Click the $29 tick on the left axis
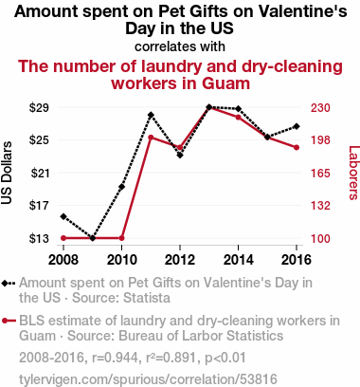point(39,108)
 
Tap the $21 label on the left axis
point(40,174)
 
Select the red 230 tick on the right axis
point(320,108)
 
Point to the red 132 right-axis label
point(320,206)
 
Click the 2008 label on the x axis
point(63,260)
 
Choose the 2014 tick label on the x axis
point(239,260)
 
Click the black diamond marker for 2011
point(151,115)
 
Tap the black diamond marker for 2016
point(297,126)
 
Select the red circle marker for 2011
point(151,138)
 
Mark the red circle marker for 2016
point(297,148)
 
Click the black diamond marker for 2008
point(63,216)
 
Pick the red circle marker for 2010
point(121,238)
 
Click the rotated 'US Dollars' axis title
point(7,173)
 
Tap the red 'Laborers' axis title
point(353,173)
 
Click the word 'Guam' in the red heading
point(225,83)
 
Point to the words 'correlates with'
point(180,46)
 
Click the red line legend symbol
point(9,322)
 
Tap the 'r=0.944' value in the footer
point(115,358)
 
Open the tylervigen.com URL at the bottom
point(148,378)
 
